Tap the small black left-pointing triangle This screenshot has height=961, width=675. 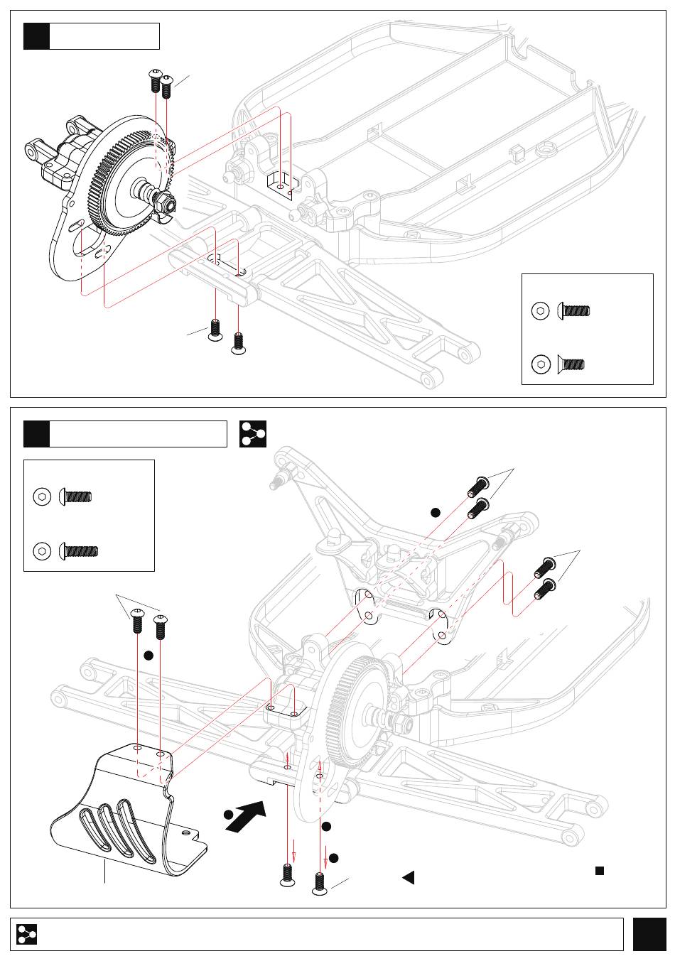pos(409,877)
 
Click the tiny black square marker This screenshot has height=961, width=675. pos(600,870)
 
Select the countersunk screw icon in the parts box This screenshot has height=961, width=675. pos(571,364)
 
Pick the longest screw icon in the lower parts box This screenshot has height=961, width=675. pos(80,550)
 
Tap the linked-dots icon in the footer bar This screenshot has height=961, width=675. pos(27,935)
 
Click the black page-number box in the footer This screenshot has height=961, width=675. pos(649,934)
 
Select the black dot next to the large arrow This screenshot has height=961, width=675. pos(228,815)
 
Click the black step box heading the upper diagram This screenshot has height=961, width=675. pos(36,36)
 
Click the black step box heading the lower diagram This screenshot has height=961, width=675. pos(36,434)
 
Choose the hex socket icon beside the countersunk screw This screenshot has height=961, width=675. pos(541,364)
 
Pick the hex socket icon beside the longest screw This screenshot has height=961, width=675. pos(43,550)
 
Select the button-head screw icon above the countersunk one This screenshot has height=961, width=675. pos(574,310)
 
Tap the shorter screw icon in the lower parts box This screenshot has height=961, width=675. pos(76,496)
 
